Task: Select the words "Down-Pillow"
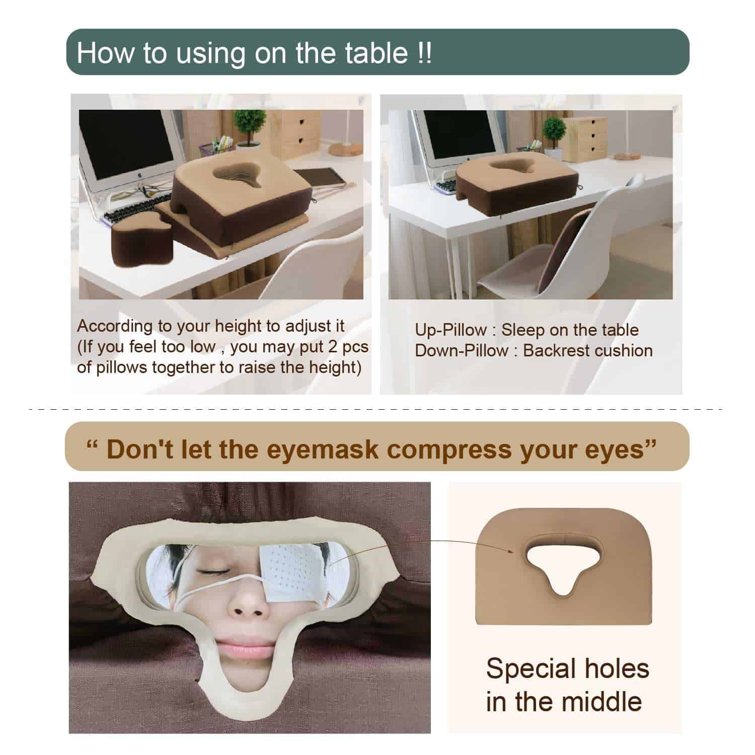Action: click(x=462, y=351)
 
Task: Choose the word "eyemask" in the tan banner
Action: click(x=322, y=448)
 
